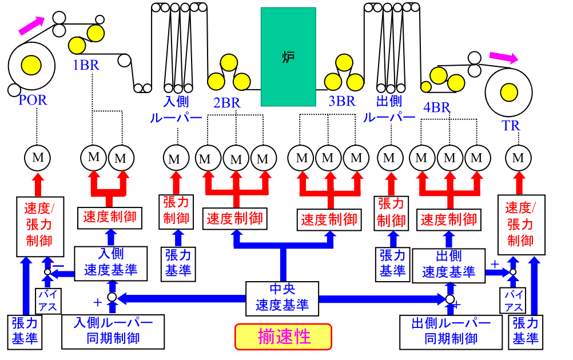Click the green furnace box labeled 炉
288,57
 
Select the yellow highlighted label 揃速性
283,336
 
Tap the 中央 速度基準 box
282,297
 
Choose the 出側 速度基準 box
448,264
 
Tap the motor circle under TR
518,158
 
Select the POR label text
33,100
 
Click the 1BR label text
86,65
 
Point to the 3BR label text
341,102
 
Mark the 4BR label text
436,107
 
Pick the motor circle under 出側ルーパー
390,158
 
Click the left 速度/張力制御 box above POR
38,225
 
